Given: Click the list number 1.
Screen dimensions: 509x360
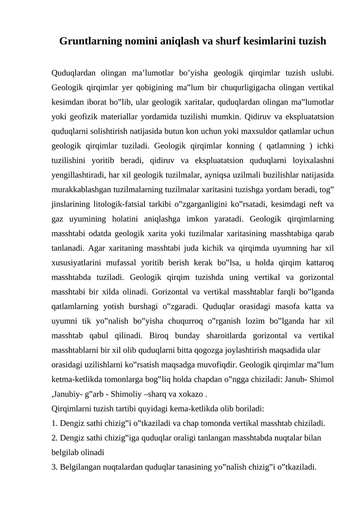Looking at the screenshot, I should (x=54, y=423).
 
